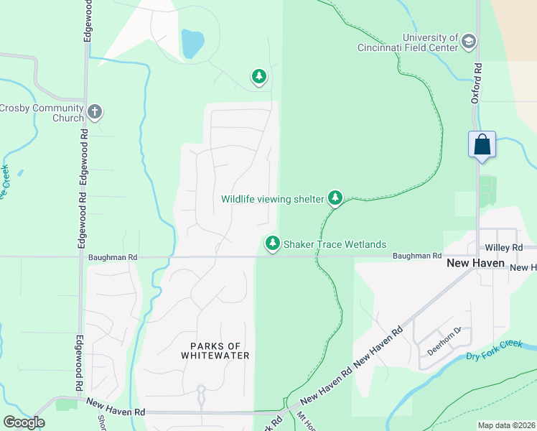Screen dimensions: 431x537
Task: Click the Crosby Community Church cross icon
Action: click(95, 112)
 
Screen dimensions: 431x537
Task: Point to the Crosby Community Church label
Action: click(42, 113)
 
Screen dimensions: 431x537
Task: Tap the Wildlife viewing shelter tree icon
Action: click(335, 198)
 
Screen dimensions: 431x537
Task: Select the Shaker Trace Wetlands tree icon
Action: click(272, 244)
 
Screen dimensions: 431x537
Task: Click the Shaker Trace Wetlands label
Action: click(334, 245)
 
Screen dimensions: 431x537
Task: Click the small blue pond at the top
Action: click(192, 44)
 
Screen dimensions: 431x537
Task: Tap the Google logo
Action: click(23, 422)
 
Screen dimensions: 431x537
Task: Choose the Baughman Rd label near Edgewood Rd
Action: click(113, 256)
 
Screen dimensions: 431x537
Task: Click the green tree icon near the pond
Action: click(258, 75)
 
